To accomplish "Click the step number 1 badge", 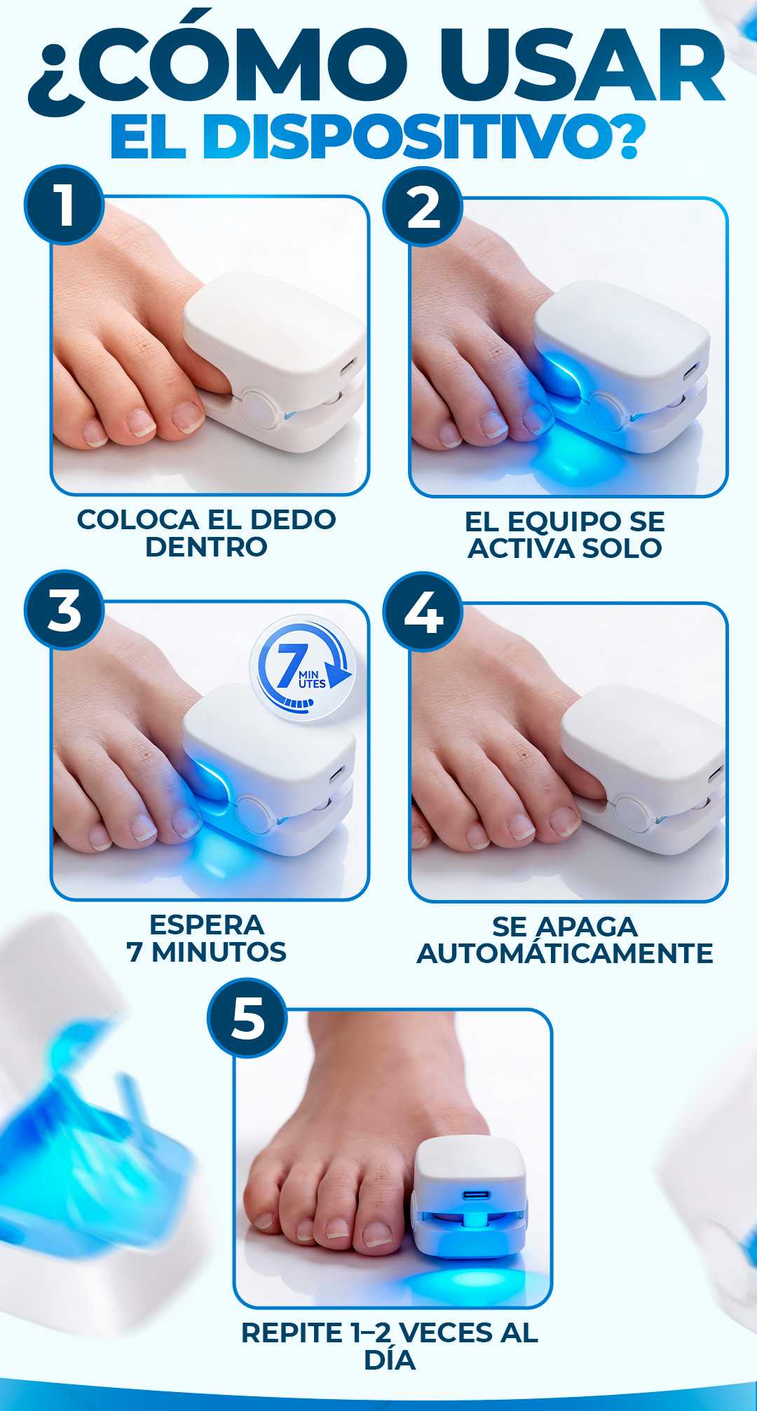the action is [x=64, y=205].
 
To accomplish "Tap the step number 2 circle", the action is [x=423, y=206].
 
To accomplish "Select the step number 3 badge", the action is [x=64, y=610].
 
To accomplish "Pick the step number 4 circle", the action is [x=423, y=612].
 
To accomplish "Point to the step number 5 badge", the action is [x=248, y=1017].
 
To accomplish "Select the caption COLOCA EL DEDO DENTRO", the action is [x=206, y=533].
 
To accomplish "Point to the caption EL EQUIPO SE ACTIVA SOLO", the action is [x=565, y=535].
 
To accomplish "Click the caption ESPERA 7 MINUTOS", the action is [x=207, y=938].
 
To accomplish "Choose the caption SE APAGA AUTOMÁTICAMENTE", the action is [x=565, y=939].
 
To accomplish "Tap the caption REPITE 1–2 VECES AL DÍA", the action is [x=390, y=1346].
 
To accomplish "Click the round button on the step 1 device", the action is [x=257, y=408].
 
